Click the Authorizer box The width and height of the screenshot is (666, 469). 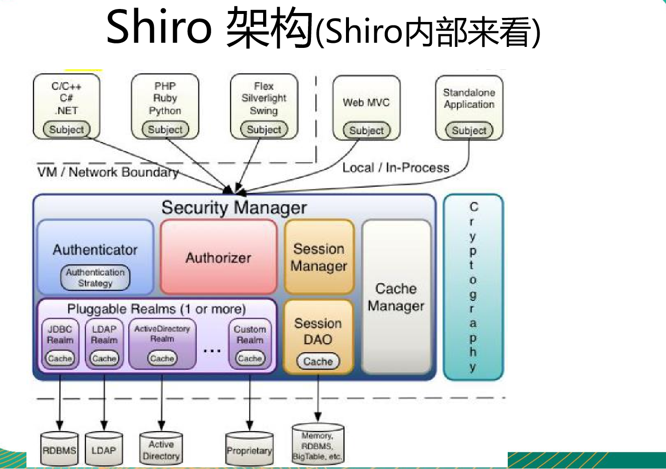coord(218,257)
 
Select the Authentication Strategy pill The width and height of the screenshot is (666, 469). coord(95,278)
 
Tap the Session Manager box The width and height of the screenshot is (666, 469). coord(319,257)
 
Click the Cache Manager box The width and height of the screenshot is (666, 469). coord(396,297)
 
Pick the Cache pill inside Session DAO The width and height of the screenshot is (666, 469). coord(318,361)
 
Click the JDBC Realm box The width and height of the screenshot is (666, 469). coord(60,335)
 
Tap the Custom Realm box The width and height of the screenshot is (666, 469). coord(250,335)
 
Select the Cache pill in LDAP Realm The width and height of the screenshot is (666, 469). coord(104,358)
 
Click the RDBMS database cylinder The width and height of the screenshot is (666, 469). coord(59,450)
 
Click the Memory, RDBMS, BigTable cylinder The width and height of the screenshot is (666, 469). coord(318,446)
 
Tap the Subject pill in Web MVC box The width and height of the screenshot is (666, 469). coord(366,131)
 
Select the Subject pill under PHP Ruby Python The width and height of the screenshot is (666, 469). coord(165,130)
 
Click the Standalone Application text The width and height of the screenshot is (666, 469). coord(469,98)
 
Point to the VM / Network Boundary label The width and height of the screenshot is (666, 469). coord(108,173)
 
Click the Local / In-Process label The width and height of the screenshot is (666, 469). coord(395,168)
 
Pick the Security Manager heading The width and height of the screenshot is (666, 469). coord(234,208)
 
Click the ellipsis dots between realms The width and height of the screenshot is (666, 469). coord(212,351)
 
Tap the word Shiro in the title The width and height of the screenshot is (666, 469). coord(159,27)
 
